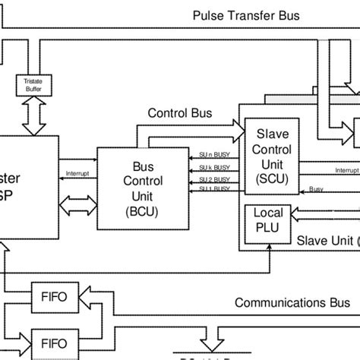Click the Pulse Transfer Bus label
(x=235, y=15)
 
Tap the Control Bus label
(x=179, y=113)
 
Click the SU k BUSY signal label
(x=213, y=166)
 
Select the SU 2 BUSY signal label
(x=213, y=180)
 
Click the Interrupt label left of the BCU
(x=78, y=172)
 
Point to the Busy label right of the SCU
(x=316, y=189)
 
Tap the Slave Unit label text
(x=327, y=241)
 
